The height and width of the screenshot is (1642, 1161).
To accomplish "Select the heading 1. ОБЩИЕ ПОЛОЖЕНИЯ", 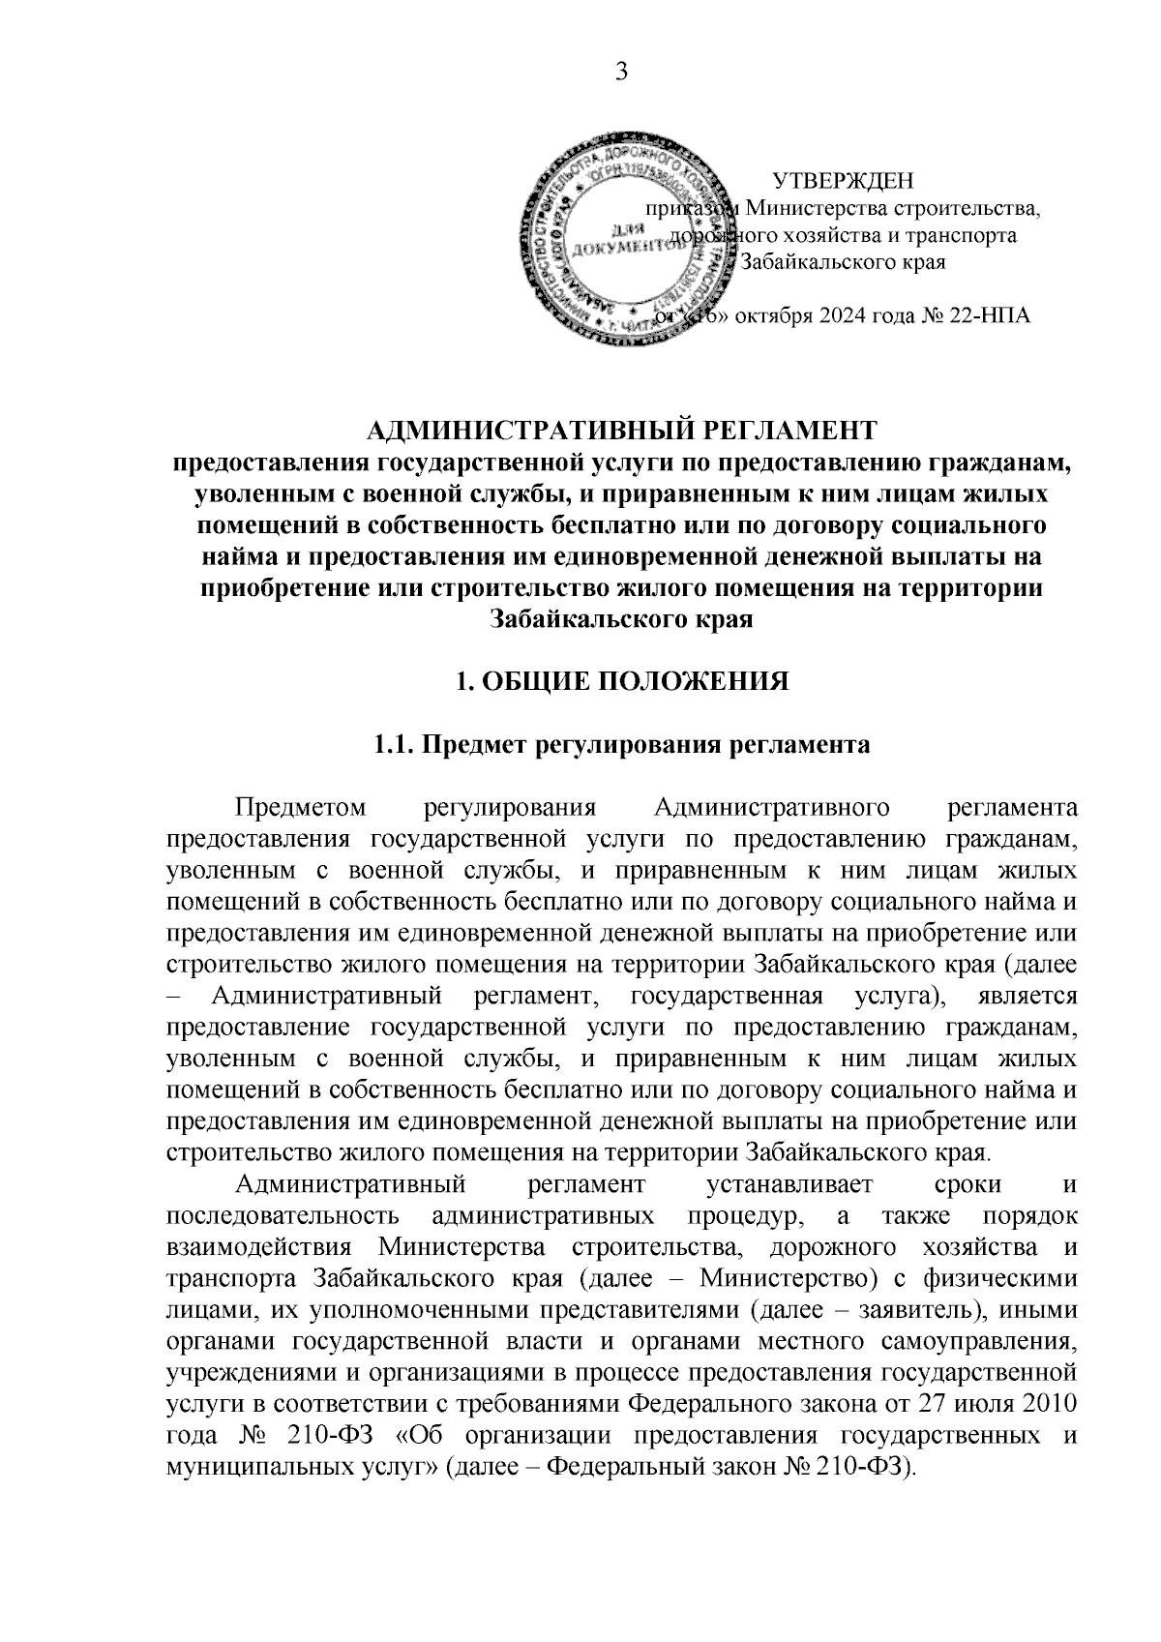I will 622,681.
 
